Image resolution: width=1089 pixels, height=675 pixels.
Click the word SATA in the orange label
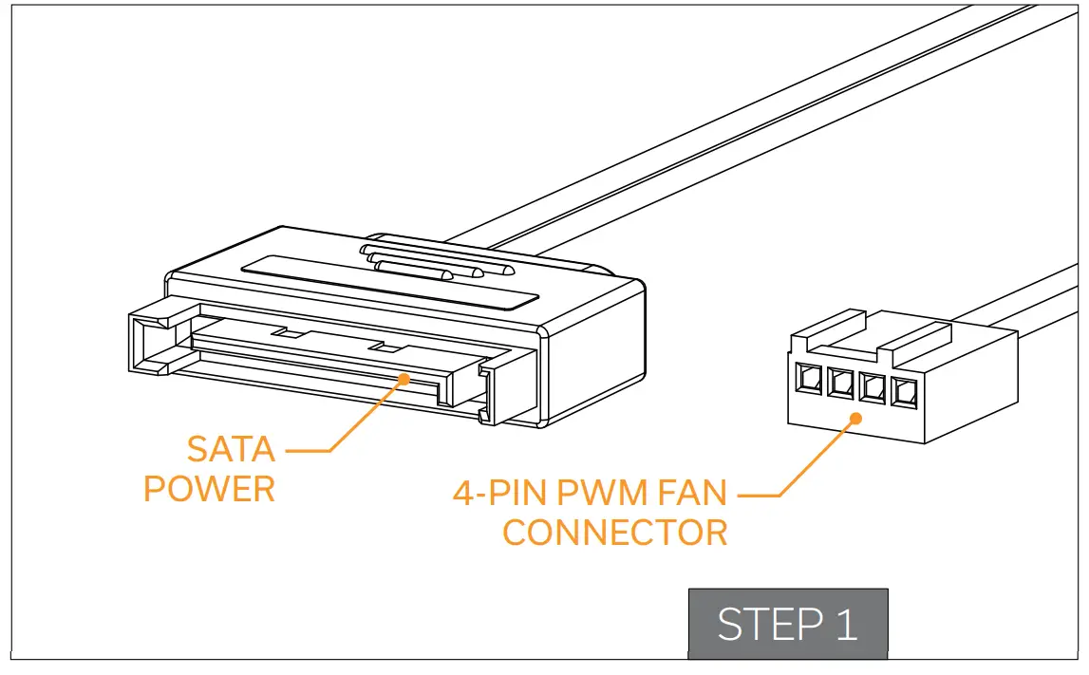(x=231, y=448)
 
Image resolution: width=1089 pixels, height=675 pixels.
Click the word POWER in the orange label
(x=209, y=489)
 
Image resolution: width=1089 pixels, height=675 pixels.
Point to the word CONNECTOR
(x=614, y=533)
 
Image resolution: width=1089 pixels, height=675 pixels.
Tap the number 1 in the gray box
(x=843, y=625)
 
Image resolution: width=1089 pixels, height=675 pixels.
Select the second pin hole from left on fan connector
(x=840, y=384)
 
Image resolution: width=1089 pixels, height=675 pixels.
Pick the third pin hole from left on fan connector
(x=872, y=386)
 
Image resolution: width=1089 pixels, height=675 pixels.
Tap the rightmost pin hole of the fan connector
(x=902, y=389)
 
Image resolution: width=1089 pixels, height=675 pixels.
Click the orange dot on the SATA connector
(x=405, y=379)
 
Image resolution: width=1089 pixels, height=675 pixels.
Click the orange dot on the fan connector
(x=854, y=417)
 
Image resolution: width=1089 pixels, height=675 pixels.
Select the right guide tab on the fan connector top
(x=921, y=334)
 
